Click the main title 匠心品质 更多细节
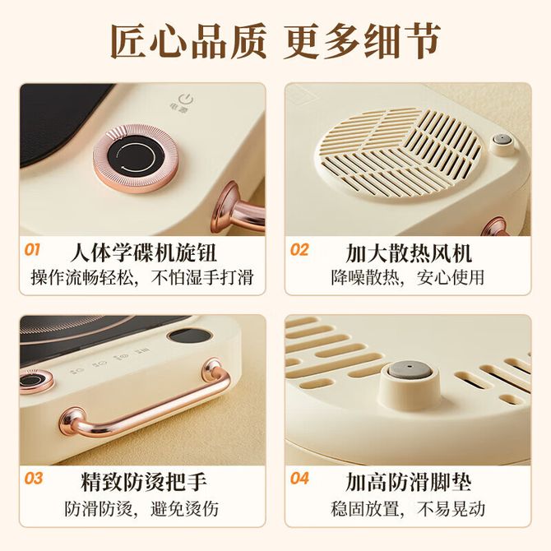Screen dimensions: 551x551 coord(275,41)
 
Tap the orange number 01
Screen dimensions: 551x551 coord(32,250)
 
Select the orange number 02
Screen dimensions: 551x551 coord(299,250)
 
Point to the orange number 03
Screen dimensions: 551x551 coord(33,479)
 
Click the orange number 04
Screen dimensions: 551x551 coord(299,479)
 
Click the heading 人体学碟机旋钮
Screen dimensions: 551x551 coord(143,252)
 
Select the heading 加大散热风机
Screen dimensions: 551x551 coord(409,252)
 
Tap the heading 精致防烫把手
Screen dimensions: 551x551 coord(143,481)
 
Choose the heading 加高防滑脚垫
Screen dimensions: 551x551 coord(409,481)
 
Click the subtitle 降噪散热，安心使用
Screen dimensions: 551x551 coord(408,278)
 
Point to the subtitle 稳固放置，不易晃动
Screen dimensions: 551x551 coord(408,508)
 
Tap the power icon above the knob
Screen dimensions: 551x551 coord(186,100)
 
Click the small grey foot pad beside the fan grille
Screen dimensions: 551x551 coord(502,139)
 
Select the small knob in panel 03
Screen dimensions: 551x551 coord(35,381)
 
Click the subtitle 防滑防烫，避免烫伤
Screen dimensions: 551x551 coord(141,508)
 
